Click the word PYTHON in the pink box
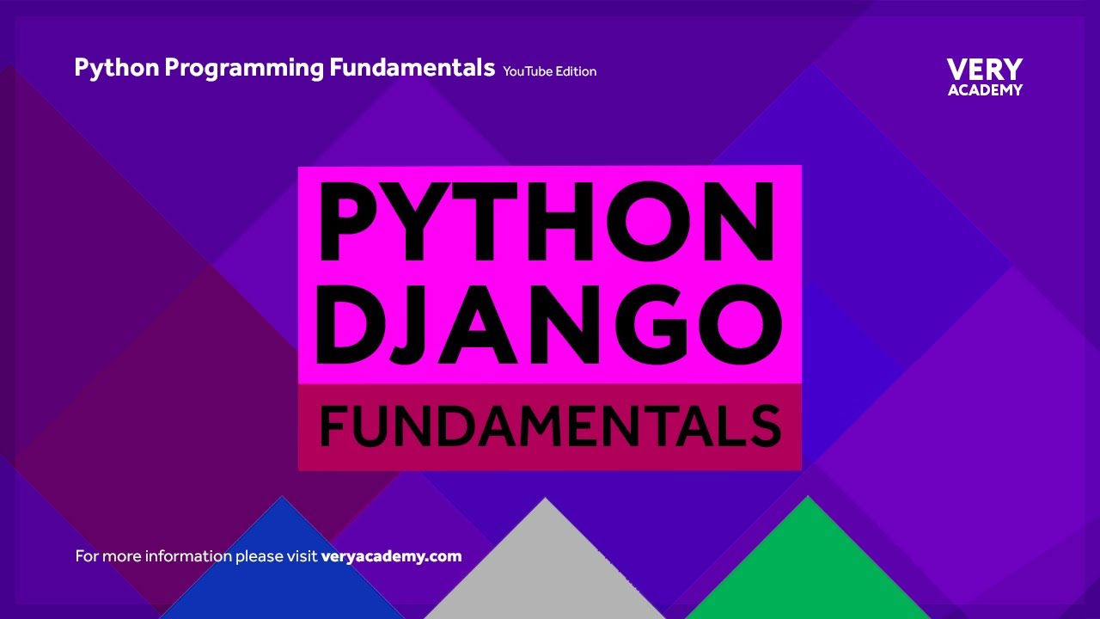(x=547, y=222)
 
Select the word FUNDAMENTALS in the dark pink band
(x=550, y=426)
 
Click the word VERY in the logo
(x=985, y=70)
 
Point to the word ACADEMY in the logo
(x=985, y=89)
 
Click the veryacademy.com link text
(x=391, y=556)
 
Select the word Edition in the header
(x=576, y=71)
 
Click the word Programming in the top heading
(x=244, y=68)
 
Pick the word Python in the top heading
(x=116, y=68)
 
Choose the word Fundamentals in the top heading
(x=412, y=68)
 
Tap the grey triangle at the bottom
(x=545, y=572)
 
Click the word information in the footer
(x=187, y=556)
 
